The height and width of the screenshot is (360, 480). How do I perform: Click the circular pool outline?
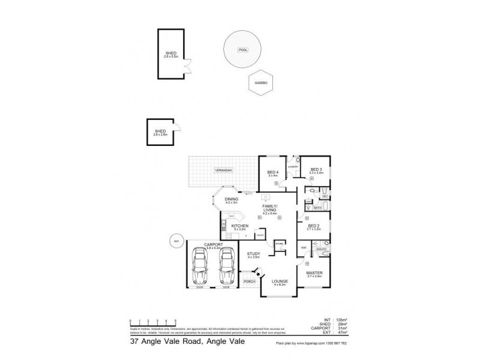coord(242,49)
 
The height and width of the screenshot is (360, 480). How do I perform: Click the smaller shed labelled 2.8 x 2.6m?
coord(160,131)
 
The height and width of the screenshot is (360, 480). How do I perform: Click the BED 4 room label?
coord(272,173)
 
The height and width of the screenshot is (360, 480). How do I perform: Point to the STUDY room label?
coord(254,254)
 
